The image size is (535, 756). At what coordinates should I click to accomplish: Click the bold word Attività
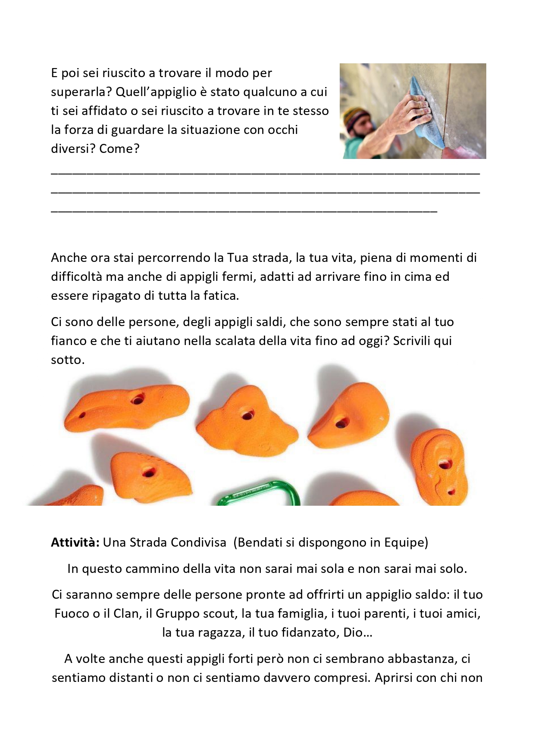point(75,542)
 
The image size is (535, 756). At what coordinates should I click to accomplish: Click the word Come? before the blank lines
point(119,149)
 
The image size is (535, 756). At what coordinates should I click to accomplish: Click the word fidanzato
point(310,632)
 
